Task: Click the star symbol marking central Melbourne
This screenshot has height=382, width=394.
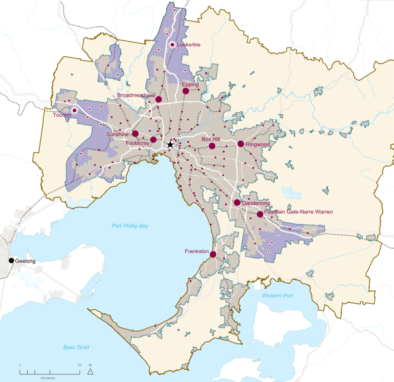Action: pyautogui.click(x=170, y=144)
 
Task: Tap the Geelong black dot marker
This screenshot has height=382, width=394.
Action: pyautogui.click(x=11, y=261)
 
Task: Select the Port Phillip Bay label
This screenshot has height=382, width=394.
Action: pyautogui.click(x=130, y=226)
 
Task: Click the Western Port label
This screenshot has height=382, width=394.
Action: pyautogui.click(x=277, y=296)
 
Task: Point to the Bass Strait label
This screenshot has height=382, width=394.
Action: pyautogui.click(x=76, y=347)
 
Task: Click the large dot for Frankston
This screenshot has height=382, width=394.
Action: pyautogui.click(x=213, y=254)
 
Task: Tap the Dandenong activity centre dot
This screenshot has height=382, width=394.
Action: pyautogui.click(x=237, y=203)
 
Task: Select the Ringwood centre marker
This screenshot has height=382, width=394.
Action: pyautogui.click(x=240, y=144)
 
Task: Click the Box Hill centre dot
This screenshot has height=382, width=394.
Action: pyautogui.click(x=212, y=146)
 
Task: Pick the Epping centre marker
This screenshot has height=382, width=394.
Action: pyautogui.click(x=185, y=91)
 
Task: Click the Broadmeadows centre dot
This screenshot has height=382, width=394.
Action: pyautogui.click(x=159, y=100)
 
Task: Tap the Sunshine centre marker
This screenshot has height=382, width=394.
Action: pyautogui.click(x=135, y=134)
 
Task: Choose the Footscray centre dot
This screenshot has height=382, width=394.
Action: pyautogui.click(x=153, y=140)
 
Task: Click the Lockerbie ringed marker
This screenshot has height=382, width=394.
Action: pyautogui.click(x=172, y=45)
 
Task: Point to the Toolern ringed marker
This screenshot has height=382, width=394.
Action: pyautogui.click(x=75, y=110)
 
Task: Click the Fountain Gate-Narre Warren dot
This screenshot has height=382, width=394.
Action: pyautogui.click(x=260, y=214)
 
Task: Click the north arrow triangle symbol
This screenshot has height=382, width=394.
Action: pyautogui.click(x=90, y=371)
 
